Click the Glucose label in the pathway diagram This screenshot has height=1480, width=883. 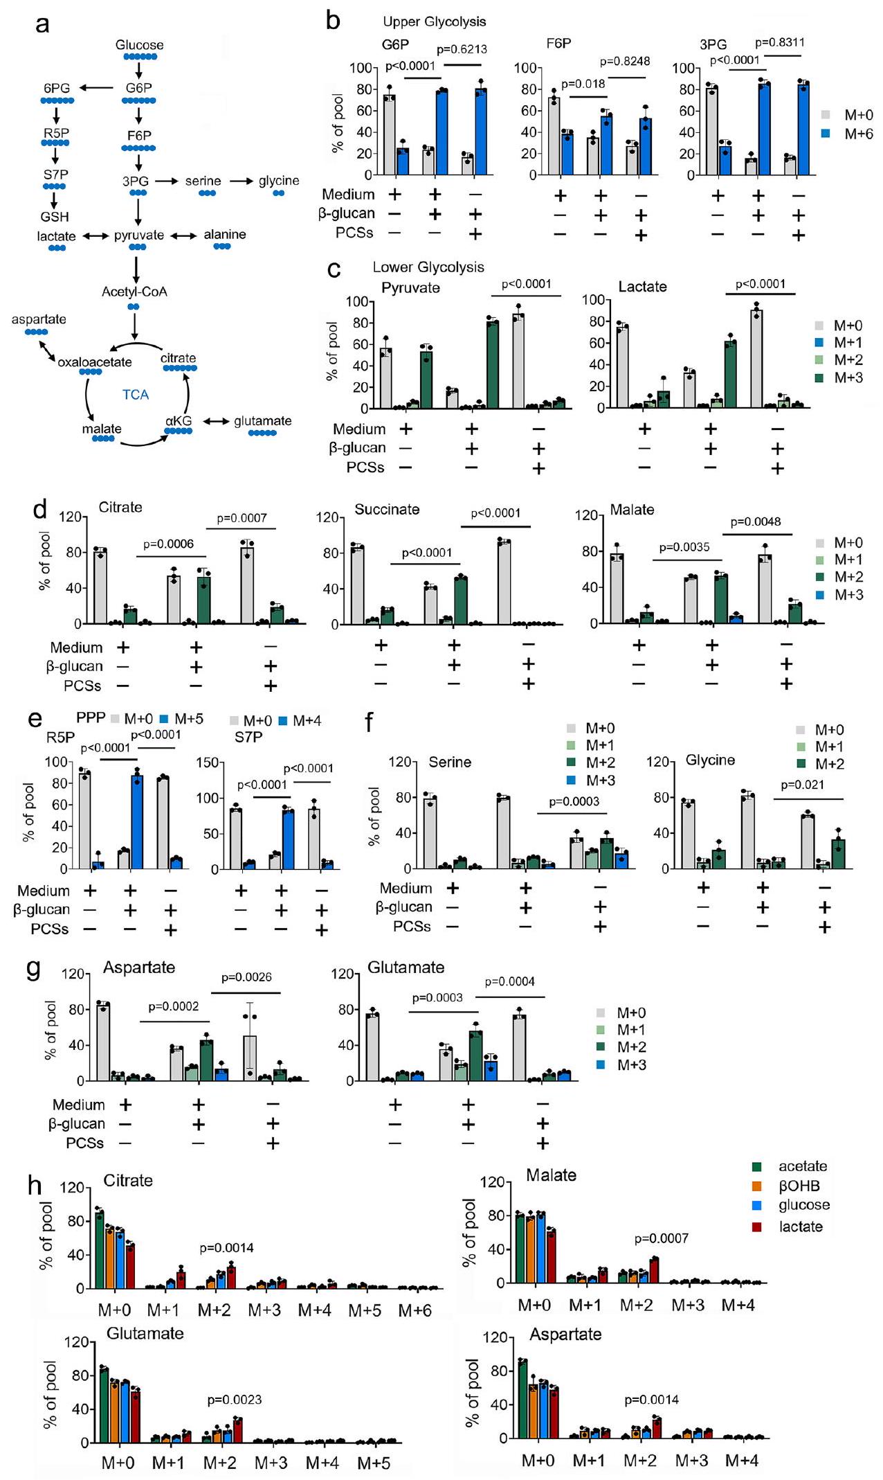(139, 45)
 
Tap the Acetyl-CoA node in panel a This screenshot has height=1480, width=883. (134, 292)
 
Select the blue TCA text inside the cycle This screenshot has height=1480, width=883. (136, 395)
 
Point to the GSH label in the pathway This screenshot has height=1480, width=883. (55, 217)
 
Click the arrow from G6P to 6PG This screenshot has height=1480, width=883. (97, 88)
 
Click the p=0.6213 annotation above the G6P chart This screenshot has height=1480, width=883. (462, 49)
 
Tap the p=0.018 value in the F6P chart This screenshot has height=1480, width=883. (583, 84)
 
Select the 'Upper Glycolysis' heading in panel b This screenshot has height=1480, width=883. (435, 21)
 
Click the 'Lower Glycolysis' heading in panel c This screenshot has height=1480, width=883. (428, 267)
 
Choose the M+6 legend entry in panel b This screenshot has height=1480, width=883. (858, 134)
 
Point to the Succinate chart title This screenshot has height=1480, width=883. (387, 510)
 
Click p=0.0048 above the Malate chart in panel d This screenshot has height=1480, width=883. (756, 521)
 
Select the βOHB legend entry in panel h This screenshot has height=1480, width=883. (799, 1186)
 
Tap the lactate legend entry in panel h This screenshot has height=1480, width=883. (800, 1227)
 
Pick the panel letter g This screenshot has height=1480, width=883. (33, 968)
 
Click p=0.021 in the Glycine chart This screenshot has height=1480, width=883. (803, 785)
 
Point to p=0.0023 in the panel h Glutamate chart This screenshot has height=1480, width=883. (235, 1400)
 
